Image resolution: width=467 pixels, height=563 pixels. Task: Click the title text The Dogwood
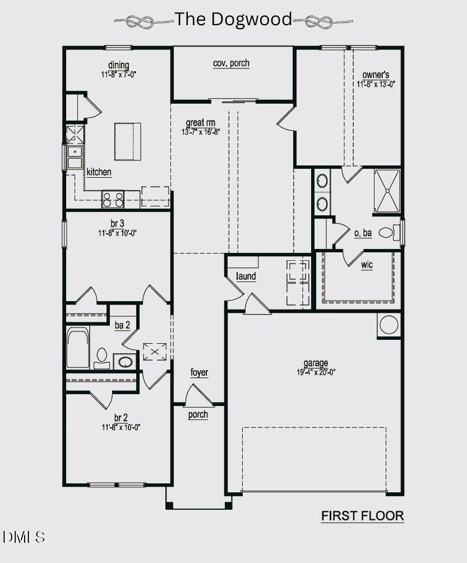233,20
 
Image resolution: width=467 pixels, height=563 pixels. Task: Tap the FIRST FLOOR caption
362,516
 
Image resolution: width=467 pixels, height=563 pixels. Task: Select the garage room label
316,363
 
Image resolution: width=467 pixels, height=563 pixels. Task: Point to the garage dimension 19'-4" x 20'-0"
316,371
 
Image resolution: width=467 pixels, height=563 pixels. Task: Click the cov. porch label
231,63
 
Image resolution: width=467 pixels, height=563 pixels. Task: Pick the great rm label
201,123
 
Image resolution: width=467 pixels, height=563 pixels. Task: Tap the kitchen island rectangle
128,141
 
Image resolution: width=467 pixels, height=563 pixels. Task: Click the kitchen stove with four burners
113,199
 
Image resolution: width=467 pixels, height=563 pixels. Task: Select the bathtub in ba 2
78,348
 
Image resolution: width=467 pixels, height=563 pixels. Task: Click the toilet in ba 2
102,357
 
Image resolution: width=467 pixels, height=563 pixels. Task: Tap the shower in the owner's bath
387,191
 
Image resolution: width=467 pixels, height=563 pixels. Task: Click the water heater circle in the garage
389,325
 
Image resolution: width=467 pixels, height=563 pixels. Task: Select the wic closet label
367,265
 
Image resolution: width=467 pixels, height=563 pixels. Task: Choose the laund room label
246,276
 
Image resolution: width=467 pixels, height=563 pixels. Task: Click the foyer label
199,373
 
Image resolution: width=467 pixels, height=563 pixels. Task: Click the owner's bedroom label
376,75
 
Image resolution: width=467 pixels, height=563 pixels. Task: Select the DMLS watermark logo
24,537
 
